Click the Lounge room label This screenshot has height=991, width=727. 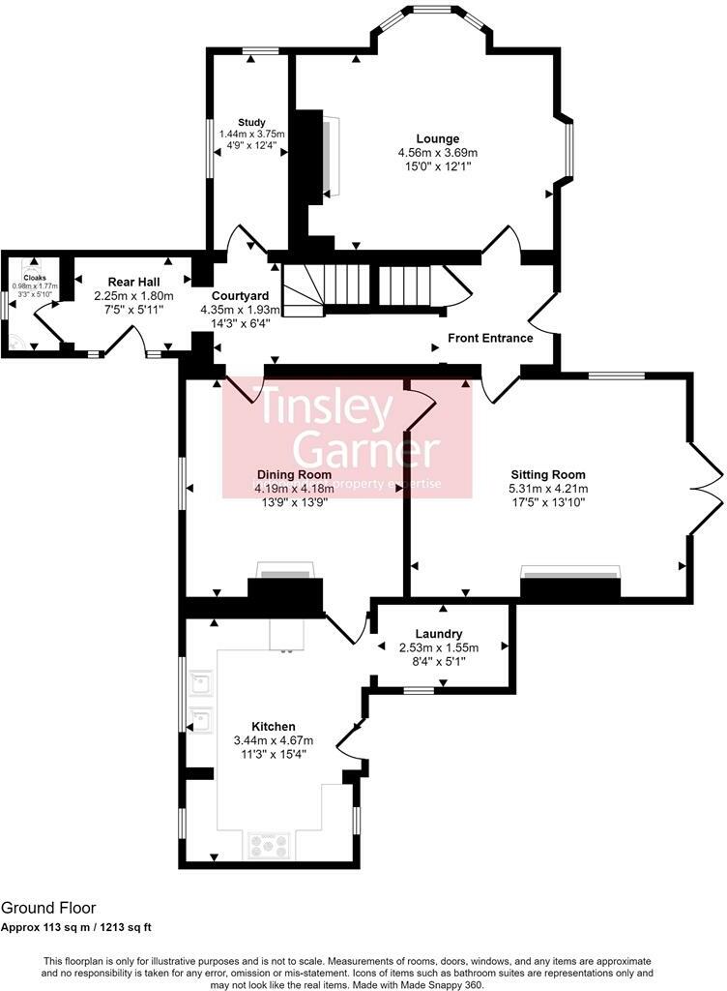[438, 138]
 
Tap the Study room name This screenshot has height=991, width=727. [251, 122]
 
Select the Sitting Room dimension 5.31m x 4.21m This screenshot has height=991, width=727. [548, 489]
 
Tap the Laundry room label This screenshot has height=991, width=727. [443, 634]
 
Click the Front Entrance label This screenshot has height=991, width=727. [490, 338]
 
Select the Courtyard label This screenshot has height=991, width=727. [241, 295]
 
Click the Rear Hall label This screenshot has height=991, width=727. [133, 281]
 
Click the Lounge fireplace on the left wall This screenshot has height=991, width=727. [333, 155]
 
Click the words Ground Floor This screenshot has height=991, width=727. [47, 908]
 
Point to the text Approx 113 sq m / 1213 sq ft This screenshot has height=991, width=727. [75, 927]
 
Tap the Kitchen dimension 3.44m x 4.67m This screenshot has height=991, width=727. [274, 740]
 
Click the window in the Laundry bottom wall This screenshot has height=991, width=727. [418, 690]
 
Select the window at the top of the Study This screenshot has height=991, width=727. [255, 50]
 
